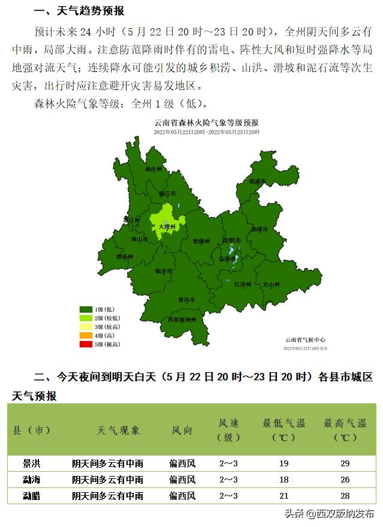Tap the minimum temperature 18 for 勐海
click(x=284, y=480)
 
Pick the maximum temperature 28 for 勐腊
click(x=345, y=496)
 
